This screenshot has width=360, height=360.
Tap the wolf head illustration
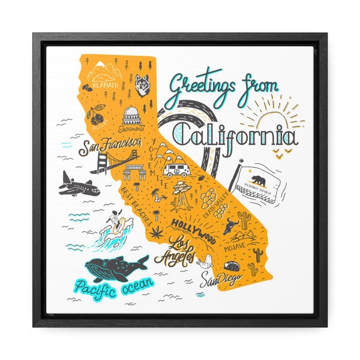[142, 85]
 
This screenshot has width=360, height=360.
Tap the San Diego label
[220, 278]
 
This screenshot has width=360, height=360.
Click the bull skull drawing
[231, 226]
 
